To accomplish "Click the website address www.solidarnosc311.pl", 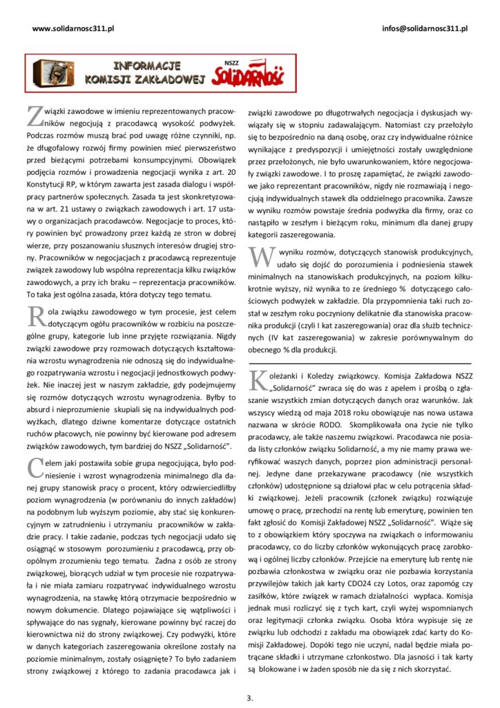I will click(73, 28).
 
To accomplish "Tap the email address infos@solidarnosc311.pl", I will click(424, 28).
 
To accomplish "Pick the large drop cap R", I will click(35, 317).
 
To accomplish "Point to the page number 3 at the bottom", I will click(250, 696).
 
